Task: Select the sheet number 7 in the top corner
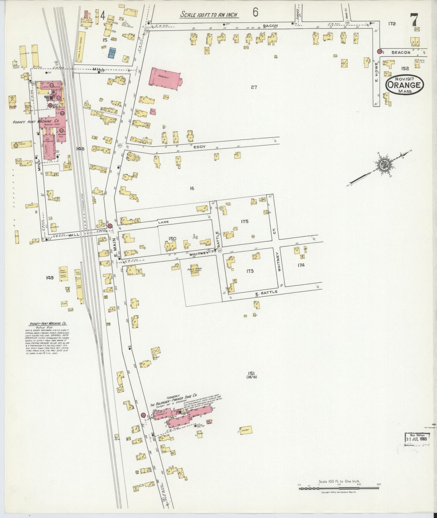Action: (414, 20)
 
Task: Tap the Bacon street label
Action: (270, 26)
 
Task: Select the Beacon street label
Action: (401, 52)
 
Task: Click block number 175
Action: (245, 222)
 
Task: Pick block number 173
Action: (250, 271)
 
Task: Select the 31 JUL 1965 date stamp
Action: (416, 439)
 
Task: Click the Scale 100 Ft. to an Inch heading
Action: (209, 14)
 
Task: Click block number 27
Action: (254, 87)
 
